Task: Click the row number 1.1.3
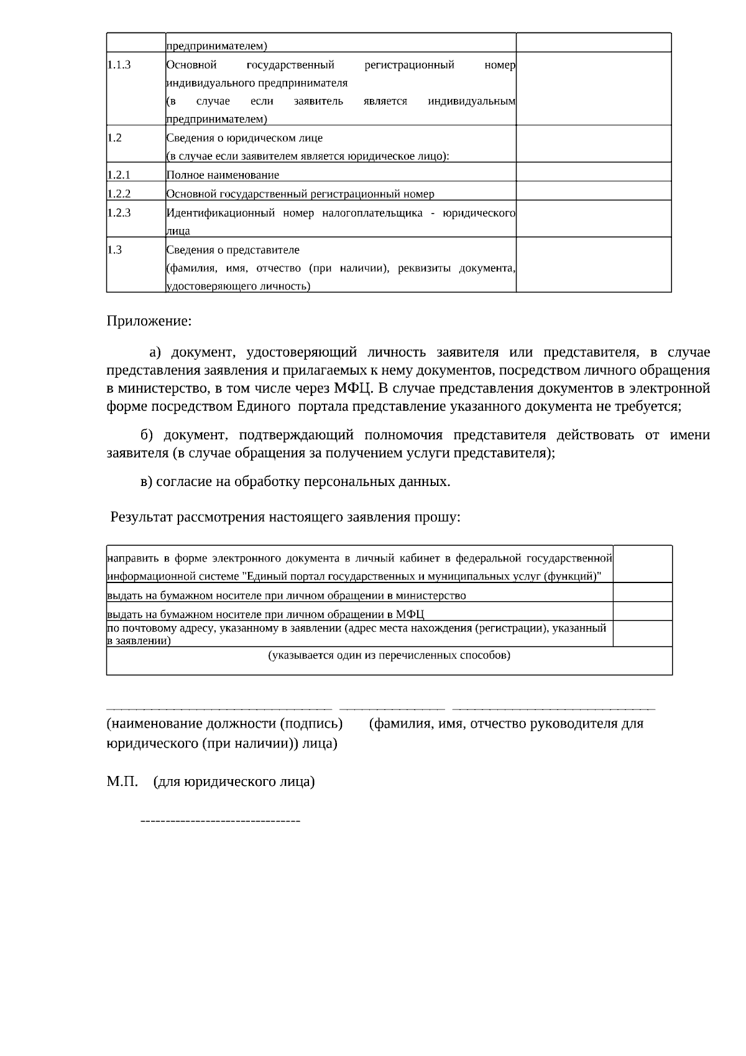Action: click(119, 65)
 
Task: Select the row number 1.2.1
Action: click(119, 175)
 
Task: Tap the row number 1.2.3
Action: click(119, 213)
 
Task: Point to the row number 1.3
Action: click(114, 250)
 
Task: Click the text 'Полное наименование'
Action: click(223, 175)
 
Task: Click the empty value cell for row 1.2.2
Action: click(594, 191)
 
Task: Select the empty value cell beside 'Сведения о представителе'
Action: click(594, 264)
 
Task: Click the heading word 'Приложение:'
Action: click(149, 321)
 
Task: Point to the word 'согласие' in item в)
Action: click(184, 482)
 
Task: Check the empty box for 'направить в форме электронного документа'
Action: click(643, 564)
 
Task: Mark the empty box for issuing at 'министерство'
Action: click(643, 592)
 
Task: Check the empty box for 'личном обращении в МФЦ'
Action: click(643, 611)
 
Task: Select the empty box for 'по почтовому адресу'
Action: click(643, 633)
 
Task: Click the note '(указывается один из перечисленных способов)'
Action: click(389, 655)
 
